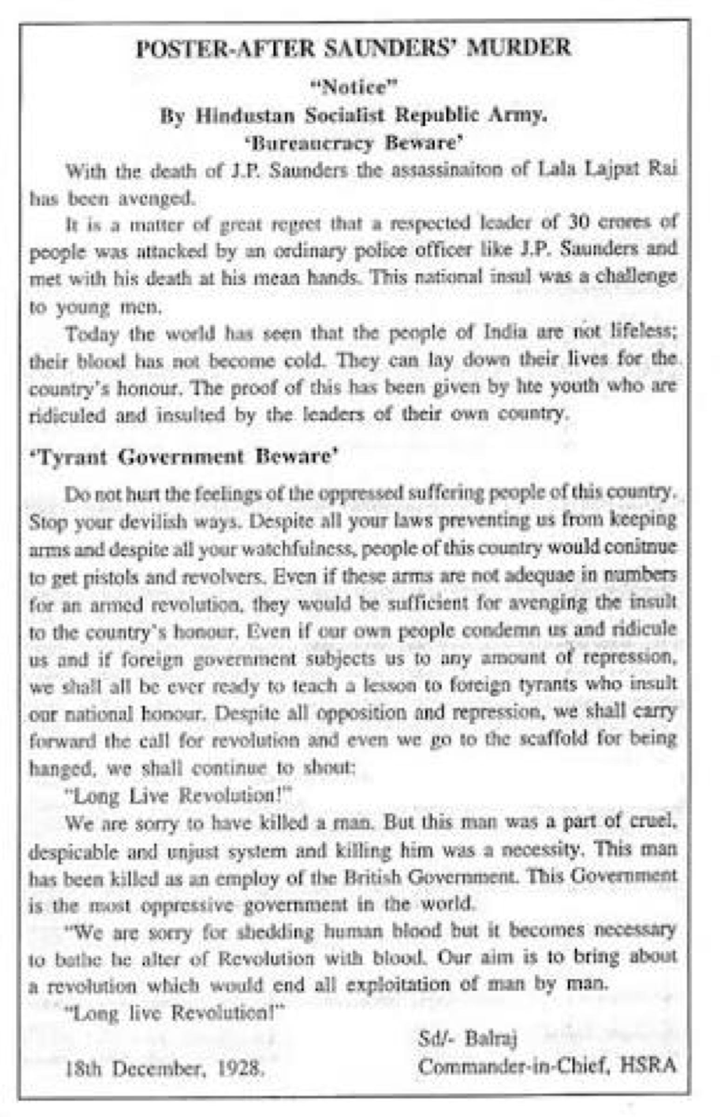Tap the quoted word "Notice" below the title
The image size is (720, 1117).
354,88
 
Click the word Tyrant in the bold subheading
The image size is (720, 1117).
73,456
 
